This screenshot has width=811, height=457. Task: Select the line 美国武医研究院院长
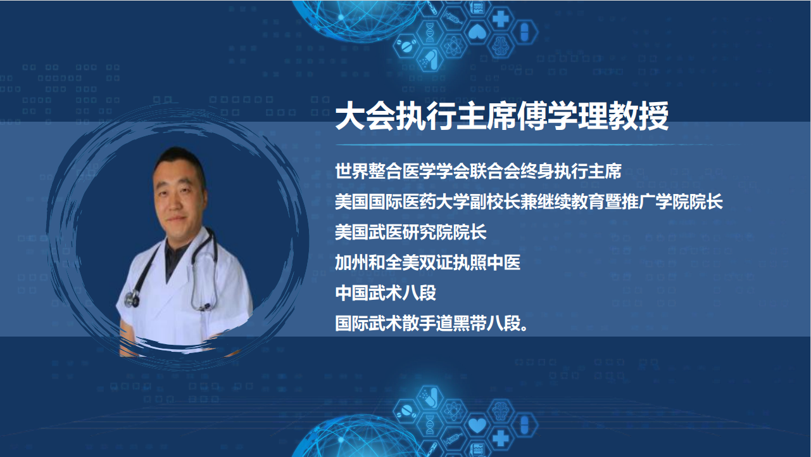coord(411,232)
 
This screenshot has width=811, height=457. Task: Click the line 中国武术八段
coord(386,293)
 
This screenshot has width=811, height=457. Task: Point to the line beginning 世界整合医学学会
coord(478,171)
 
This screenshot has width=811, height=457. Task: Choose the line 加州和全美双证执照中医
coord(427,262)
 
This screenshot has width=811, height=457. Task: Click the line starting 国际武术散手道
coord(431,323)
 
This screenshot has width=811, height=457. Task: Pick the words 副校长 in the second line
coord(495,202)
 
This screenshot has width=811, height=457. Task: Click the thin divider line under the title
coord(536,145)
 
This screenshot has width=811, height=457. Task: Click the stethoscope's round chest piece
coord(132,299)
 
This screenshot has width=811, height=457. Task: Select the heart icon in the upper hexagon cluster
coord(477,32)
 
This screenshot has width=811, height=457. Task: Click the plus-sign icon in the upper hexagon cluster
coord(501,19)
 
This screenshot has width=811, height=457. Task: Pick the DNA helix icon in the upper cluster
coord(430,32)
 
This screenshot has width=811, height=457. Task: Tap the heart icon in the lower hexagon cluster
coord(477,425)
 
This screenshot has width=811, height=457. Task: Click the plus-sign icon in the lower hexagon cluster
coord(501,438)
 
